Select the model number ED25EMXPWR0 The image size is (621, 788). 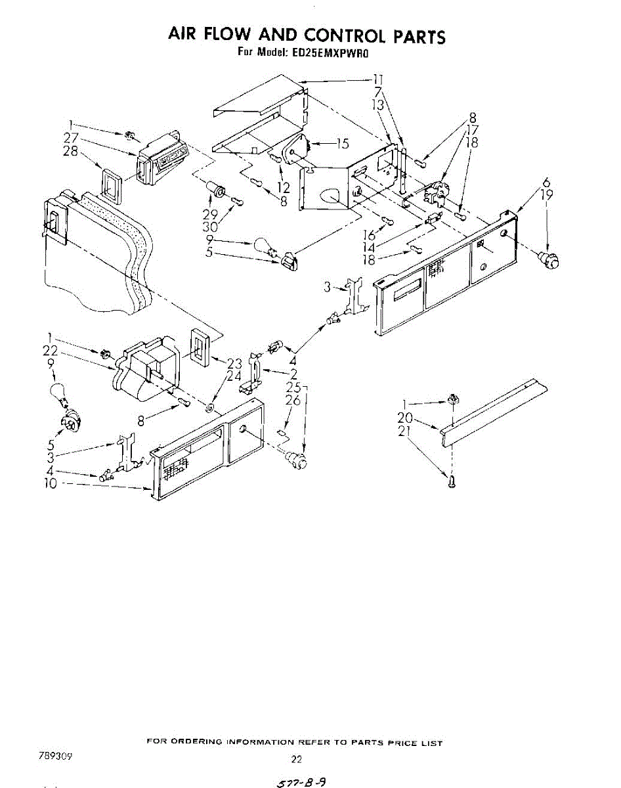pos(339,53)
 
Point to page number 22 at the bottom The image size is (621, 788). pos(296,759)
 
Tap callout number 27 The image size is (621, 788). pos(72,138)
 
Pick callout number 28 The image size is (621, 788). pos(72,151)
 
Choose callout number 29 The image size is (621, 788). pos(209,215)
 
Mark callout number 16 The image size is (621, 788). pos(369,235)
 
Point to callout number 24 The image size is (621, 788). pos(234,376)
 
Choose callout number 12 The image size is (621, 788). pos(284,188)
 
